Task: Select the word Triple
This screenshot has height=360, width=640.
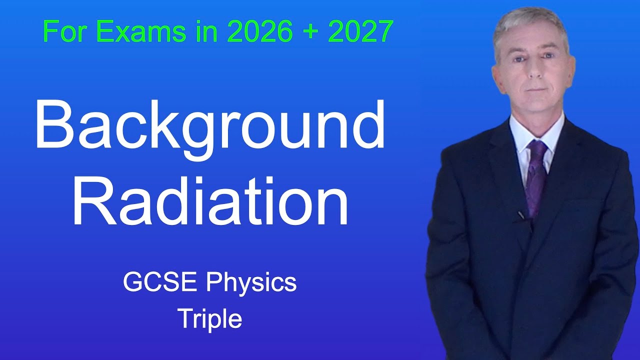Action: pos(210,318)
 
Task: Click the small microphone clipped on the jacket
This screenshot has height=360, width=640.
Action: pos(521,215)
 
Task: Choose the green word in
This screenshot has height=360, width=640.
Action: pos(206,31)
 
